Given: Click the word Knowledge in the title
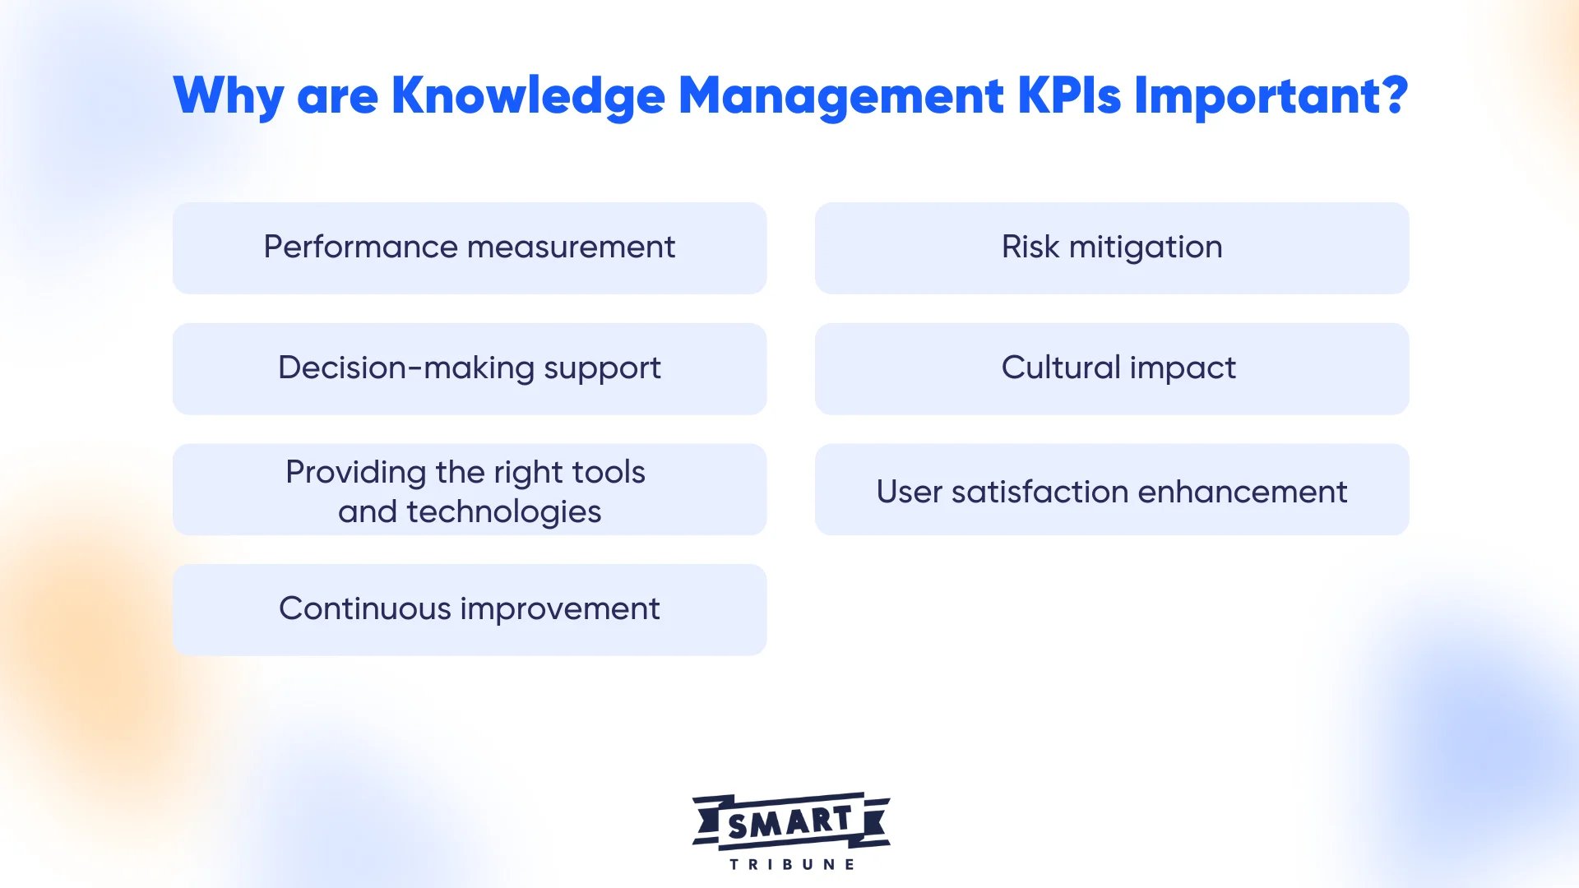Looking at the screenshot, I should tap(527, 96).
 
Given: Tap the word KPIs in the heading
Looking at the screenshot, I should tap(1068, 96).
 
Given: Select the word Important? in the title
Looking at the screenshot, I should tap(1271, 96).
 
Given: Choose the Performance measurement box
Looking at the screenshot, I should tap(470, 247).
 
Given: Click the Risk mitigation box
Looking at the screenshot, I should tap(1111, 247).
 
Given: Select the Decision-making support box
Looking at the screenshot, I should tap(470, 368).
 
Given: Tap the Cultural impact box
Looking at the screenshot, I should tap(1111, 368).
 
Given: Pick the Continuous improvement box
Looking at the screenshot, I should tap(470, 609).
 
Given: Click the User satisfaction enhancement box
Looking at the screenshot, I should tap(1111, 491).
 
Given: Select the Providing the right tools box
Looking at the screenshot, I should tap(470, 489).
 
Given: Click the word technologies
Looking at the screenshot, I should tap(503, 512).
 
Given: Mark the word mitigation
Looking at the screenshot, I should tap(1146, 247).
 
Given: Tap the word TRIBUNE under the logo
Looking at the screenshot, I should tap(791, 864).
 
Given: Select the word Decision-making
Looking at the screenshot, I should tap(406, 368).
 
